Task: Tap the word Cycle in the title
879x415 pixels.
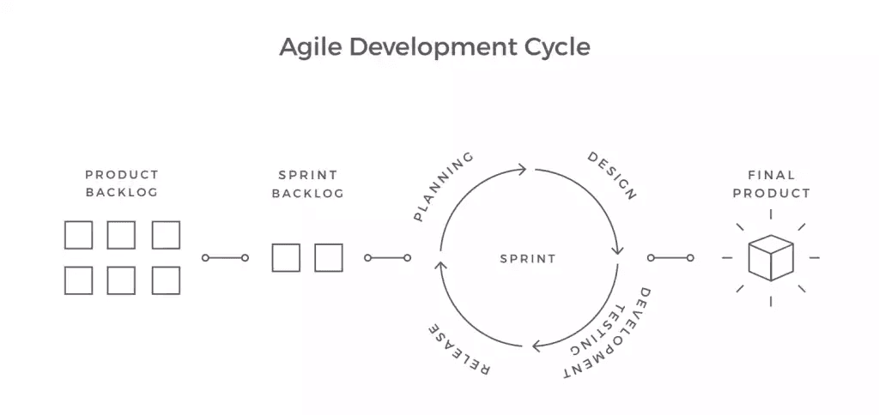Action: click(557, 48)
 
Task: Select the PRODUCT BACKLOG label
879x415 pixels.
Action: click(122, 183)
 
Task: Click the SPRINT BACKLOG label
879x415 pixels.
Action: click(307, 184)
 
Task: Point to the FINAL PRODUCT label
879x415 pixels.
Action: click(772, 184)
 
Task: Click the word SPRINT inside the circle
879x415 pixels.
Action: click(528, 259)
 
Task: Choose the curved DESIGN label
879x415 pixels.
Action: click(612, 175)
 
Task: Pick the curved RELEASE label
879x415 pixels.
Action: click(459, 348)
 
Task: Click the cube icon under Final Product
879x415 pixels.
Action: click(771, 257)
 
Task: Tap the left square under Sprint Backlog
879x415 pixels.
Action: click(286, 257)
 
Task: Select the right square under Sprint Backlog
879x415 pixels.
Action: click(329, 257)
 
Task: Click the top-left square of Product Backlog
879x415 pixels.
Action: click(78, 235)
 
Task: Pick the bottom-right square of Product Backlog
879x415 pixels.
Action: click(166, 280)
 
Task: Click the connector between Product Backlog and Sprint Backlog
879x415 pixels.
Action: click(225, 257)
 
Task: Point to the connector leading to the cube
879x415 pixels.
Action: click(670, 257)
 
